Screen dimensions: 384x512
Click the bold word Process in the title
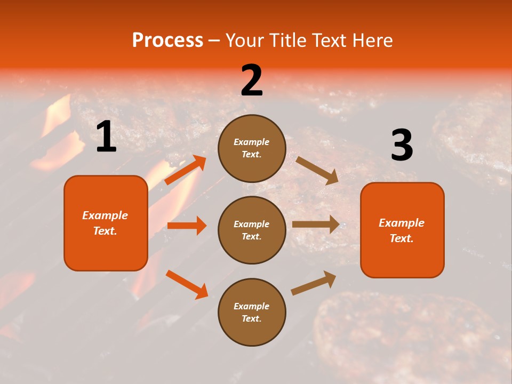(167, 40)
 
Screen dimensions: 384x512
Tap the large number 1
(106, 137)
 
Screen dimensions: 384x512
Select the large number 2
(252, 81)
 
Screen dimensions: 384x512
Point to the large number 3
(402, 146)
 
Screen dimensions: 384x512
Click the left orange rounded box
(106, 223)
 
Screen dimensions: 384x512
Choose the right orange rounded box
(402, 230)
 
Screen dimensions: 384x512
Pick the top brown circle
(252, 148)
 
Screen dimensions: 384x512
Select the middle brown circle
(252, 230)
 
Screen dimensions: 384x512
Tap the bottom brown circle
(252, 312)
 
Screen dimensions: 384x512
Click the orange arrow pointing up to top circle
(185, 170)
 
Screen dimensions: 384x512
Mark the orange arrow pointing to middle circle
(187, 226)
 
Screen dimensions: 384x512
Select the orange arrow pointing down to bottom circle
(187, 284)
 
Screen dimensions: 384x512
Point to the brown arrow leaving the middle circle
(316, 225)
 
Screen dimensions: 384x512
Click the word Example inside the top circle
(252, 142)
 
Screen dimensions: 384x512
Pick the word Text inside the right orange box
(402, 238)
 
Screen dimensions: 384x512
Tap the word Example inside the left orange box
(105, 215)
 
